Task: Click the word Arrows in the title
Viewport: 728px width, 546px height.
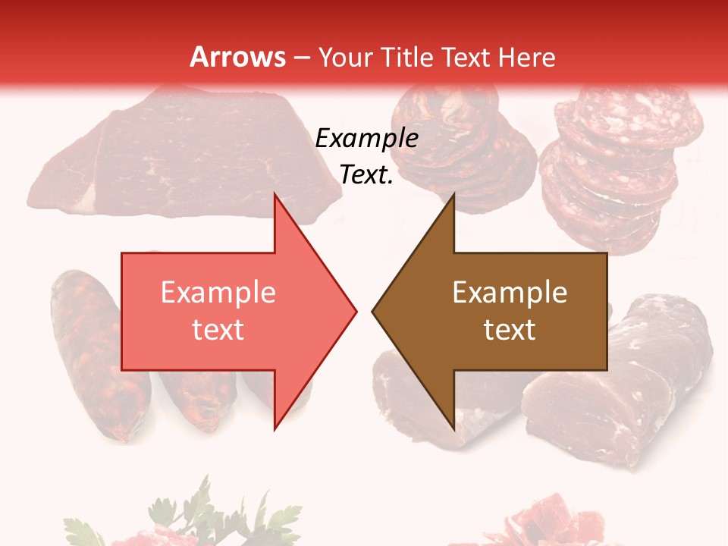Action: tap(237, 57)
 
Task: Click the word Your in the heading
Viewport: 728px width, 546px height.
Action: tap(346, 57)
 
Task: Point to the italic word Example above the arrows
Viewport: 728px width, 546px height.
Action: tap(366, 138)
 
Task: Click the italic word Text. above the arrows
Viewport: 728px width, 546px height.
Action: tap(366, 174)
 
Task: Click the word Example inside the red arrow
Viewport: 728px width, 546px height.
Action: tap(218, 293)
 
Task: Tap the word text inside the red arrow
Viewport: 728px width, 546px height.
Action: tap(218, 329)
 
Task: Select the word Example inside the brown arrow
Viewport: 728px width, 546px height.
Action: tap(510, 293)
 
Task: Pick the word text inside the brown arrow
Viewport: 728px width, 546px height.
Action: tap(510, 329)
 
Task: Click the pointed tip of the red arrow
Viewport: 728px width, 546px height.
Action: tap(355, 309)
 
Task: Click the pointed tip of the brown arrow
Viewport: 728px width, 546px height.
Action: tap(373, 309)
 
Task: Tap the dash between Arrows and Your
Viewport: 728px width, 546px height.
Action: tap(301, 58)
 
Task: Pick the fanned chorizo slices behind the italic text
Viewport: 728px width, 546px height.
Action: tap(463, 152)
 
